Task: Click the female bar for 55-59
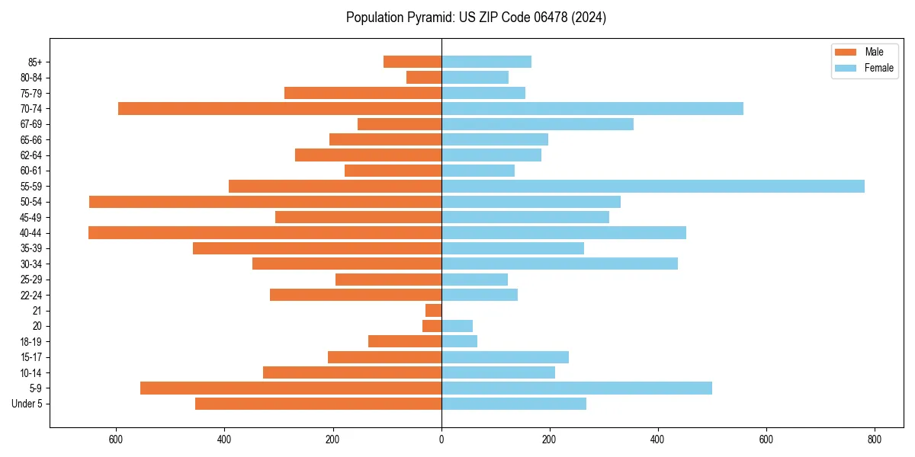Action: [653, 186]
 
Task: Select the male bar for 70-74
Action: [280, 108]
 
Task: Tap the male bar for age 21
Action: [434, 310]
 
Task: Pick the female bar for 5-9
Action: [576, 388]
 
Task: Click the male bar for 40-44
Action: [265, 232]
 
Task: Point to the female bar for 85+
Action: [486, 62]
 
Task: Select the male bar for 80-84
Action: [424, 77]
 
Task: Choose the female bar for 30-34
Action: [560, 264]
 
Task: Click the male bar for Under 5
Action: [318, 404]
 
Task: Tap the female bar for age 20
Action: [457, 326]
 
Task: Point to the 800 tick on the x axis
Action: [875, 439]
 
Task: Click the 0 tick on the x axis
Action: [441, 439]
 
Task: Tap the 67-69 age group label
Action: [31, 124]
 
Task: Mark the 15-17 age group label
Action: [31, 357]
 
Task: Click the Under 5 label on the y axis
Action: [27, 404]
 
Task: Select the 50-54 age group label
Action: [31, 202]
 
